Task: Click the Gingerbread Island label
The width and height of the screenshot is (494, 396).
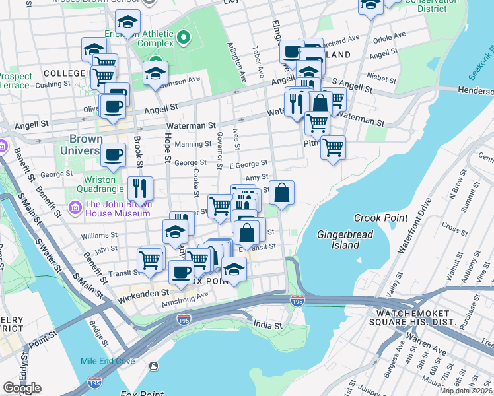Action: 345,240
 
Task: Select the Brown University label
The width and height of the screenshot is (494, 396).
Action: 87,145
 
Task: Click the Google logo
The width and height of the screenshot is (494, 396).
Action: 22,388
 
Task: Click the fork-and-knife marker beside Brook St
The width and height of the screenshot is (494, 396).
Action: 139,188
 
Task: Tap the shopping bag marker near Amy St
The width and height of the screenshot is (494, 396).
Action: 281,193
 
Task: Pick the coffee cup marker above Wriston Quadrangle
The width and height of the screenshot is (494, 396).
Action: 113,155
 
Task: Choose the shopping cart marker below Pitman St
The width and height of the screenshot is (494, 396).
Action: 333,147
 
